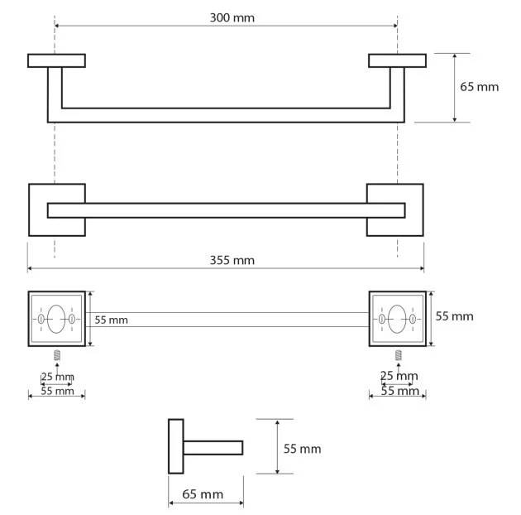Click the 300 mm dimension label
pos(232,17)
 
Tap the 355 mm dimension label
pos(232,260)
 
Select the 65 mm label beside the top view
pos(479,87)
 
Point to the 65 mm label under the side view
pos(203,494)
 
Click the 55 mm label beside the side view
pos(302,449)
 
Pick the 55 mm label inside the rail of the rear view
pos(111,320)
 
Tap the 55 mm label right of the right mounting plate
pos(454,316)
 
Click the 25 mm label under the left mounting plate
pos(58,377)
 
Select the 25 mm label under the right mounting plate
pos(399,376)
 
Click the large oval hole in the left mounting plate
pos(56,319)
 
